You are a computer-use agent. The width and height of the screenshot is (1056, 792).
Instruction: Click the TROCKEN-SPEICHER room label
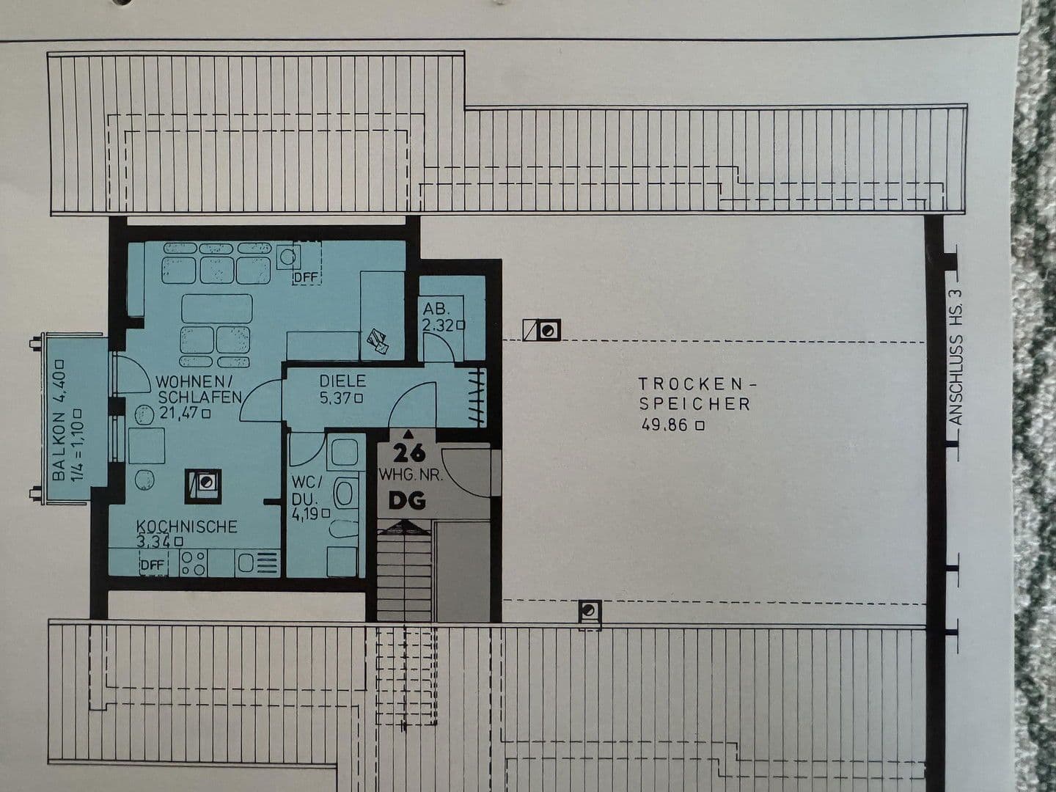tap(694, 393)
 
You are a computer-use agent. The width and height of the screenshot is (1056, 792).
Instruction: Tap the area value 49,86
tap(666, 425)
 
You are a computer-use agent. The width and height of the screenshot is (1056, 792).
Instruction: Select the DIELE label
tap(342, 381)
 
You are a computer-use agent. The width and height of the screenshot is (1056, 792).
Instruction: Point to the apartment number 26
tap(408, 452)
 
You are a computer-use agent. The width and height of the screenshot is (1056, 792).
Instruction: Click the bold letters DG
tap(407, 501)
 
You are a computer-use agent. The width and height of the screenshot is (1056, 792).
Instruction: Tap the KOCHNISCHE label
tap(187, 527)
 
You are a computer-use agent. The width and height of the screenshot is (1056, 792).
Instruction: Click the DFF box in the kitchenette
tap(153, 564)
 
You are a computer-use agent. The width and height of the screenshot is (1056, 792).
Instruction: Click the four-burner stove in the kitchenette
tap(194, 562)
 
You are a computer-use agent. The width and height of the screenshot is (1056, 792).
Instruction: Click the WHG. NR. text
tap(410, 475)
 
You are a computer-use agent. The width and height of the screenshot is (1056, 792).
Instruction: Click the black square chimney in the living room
tap(202, 483)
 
